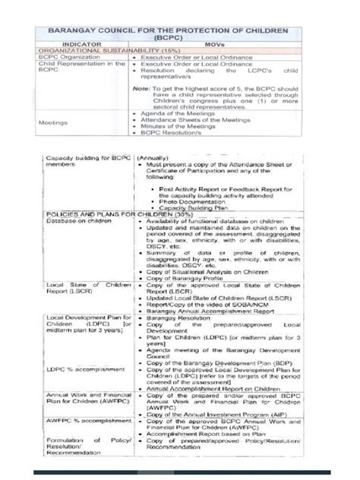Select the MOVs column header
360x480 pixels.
220,46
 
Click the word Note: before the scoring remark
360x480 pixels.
141,88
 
